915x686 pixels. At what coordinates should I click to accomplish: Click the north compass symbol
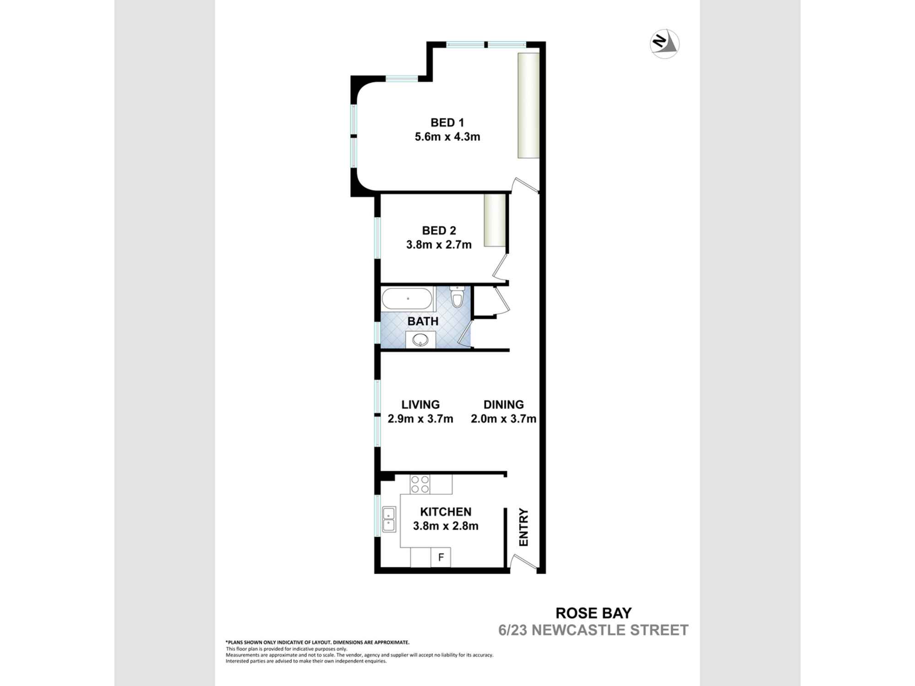pos(664,44)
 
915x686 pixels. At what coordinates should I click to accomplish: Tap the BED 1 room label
pos(447,123)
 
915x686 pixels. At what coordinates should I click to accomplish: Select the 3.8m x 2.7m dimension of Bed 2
pos(439,245)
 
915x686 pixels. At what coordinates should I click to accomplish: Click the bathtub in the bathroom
pos(407,299)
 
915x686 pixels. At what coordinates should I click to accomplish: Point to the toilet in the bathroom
pos(457,297)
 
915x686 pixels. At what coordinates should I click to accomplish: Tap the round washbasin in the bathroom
pos(420,340)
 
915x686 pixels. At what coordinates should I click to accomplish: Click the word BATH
pos(423,321)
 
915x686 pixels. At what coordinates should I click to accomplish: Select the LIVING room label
pos(420,404)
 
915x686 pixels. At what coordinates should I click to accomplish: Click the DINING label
pos(503,404)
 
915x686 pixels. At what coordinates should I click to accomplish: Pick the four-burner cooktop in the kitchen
pos(420,484)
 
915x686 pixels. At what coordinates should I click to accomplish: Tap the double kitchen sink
pos(389,520)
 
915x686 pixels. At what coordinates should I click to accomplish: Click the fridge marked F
pos(441,557)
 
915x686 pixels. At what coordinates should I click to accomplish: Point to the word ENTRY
pos(523,527)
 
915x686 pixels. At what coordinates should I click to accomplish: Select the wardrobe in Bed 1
pos(528,106)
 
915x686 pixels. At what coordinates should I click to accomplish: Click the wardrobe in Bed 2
pos(495,220)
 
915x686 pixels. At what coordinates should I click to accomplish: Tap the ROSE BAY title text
pos(593,612)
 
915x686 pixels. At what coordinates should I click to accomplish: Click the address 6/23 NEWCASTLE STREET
pos(593,630)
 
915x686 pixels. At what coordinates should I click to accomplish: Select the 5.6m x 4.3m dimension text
pos(447,137)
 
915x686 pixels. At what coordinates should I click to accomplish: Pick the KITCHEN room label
pos(446,511)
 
